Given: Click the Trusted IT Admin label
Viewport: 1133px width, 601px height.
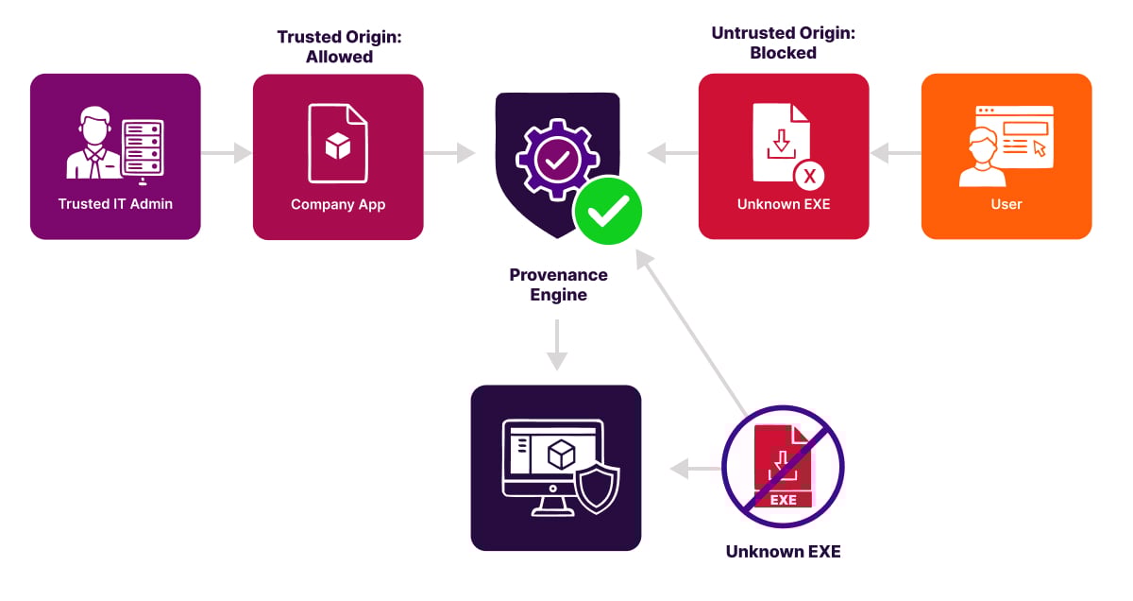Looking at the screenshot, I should click(x=115, y=204).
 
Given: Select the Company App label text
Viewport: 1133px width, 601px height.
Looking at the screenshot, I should click(x=338, y=204).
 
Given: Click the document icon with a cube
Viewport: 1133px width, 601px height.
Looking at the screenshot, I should click(x=338, y=144).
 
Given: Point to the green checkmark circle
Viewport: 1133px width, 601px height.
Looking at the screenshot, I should click(x=607, y=211).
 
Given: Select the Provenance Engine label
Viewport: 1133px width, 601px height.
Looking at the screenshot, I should click(x=558, y=284).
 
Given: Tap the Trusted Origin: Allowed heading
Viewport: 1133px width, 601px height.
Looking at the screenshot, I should click(x=338, y=46).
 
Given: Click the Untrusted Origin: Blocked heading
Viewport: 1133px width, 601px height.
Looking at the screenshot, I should click(x=783, y=43).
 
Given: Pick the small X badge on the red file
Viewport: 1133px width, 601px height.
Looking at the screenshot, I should click(x=809, y=176).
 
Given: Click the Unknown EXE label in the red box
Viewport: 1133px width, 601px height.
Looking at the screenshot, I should click(x=784, y=204).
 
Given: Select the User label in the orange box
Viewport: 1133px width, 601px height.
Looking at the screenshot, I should click(x=1006, y=204).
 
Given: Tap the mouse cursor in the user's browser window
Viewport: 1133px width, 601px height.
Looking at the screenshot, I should click(x=1039, y=148).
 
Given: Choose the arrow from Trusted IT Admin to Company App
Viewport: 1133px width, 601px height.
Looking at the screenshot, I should click(x=227, y=152).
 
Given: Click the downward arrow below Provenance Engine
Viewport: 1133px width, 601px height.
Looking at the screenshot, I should click(x=557, y=346).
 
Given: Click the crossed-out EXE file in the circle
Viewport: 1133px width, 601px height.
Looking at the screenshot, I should click(x=783, y=467).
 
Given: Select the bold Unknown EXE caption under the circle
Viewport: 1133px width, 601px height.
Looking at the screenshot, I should click(x=783, y=551).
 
